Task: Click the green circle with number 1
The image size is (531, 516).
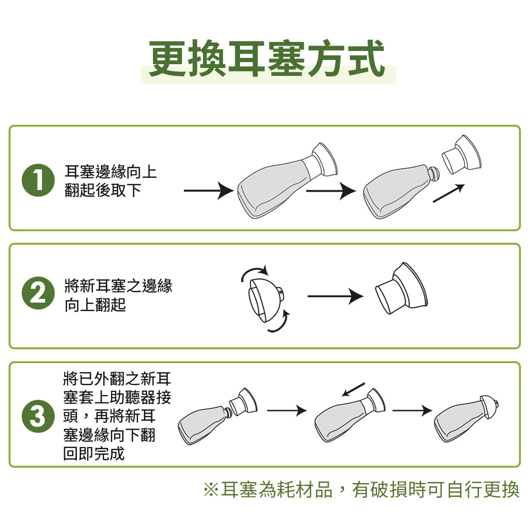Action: tap(38, 180)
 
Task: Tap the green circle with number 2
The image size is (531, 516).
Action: tap(38, 293)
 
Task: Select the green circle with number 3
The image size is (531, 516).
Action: tap(38, 416)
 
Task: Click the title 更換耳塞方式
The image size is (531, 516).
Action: tap(267, 58)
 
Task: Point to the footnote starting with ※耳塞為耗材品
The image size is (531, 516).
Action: tap(361, 489)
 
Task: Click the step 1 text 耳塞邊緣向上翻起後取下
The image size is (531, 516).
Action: tap(110, 181)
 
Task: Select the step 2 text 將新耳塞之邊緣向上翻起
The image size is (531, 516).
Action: tap(118, 295)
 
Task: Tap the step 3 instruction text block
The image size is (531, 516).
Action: tap(117, 416)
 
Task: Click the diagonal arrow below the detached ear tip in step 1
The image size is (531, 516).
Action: tap(448, 194)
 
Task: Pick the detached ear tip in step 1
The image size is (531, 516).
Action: tap(462, 154)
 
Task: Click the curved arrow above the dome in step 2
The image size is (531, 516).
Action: tap(255, 272)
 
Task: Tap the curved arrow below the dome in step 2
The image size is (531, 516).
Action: tap(279, 322)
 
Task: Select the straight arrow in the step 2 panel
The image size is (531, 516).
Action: tap(335, 297)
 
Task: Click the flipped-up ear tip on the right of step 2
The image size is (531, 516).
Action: tap(401, 288)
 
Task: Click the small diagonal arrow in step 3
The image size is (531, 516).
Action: tap(353, 389)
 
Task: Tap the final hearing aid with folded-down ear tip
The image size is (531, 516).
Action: tap(466, 419)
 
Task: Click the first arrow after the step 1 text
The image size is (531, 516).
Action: tap(209, 191)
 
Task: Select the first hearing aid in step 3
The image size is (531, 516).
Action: tap(217, 416)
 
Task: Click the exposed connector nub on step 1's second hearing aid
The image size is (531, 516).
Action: tap(434, 174)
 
